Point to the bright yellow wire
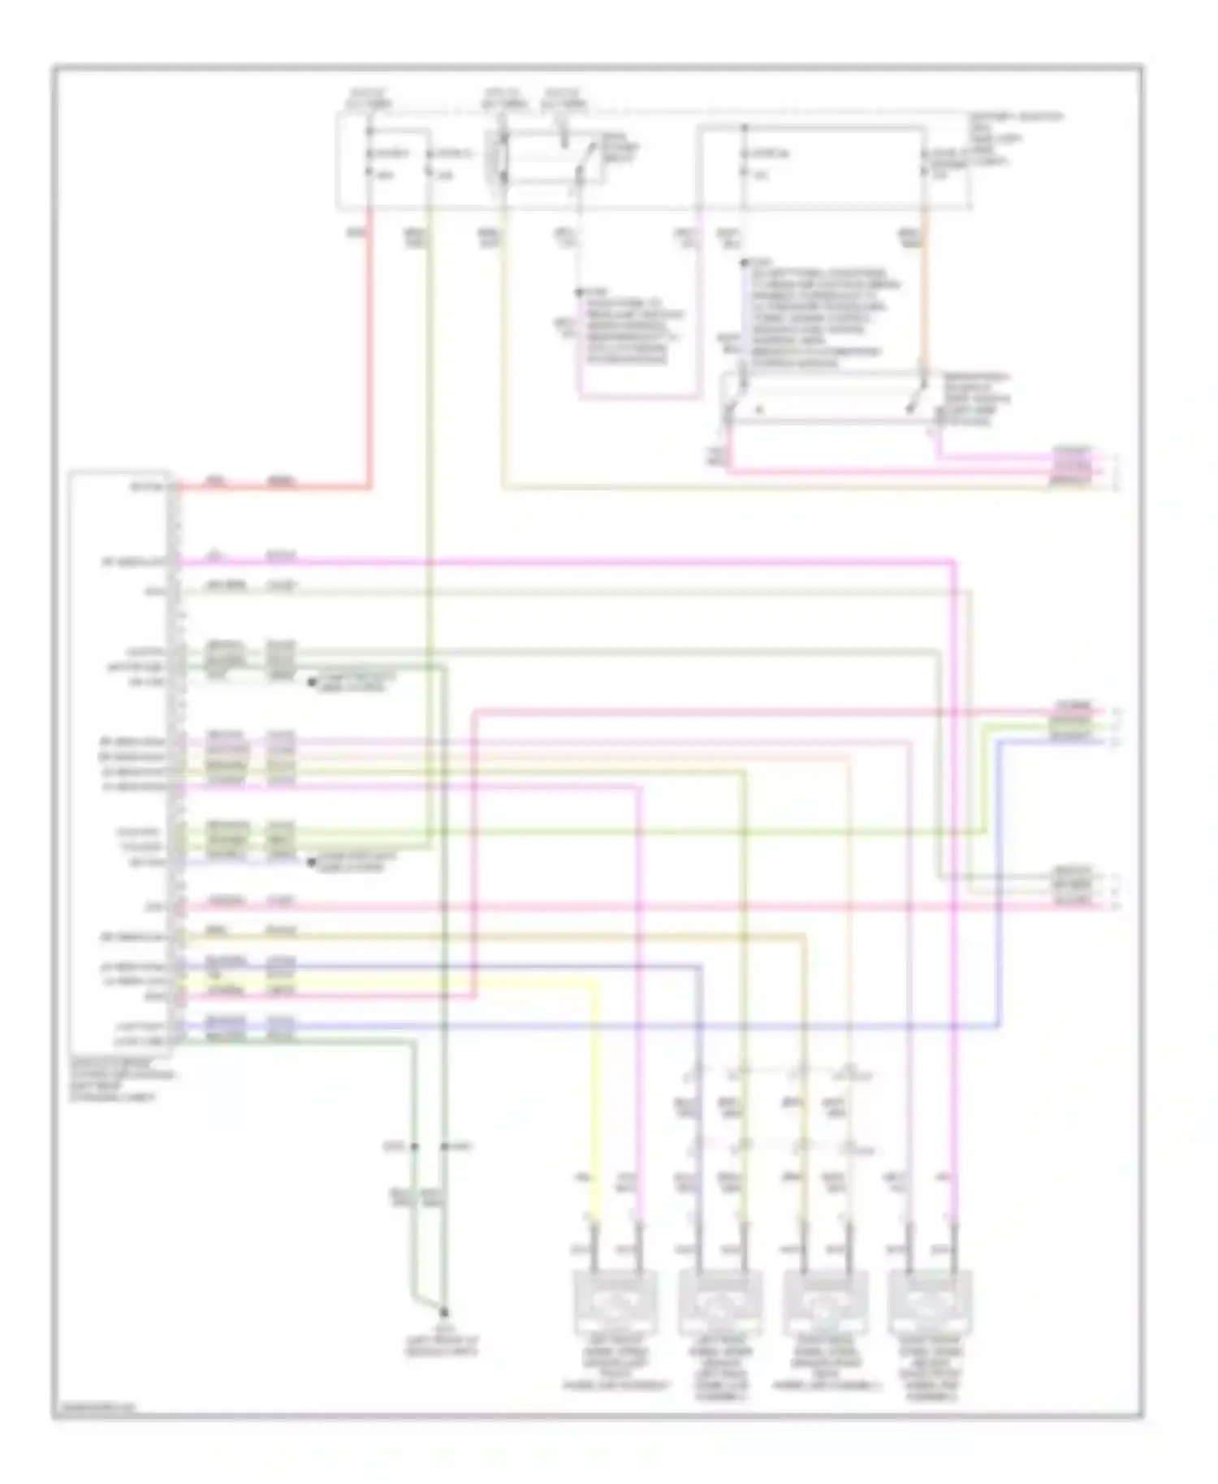click(x=597, y=1096)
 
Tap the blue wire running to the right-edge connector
click(x=999, y=893)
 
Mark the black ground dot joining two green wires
click(x=444, y=1312)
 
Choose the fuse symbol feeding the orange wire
click(x=924, y=162)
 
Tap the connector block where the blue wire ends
click(x=1072, y=721)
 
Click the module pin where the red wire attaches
click(x=175, y=487)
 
